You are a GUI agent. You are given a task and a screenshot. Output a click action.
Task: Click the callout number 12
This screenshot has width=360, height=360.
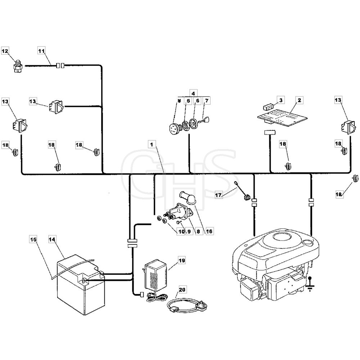(5, 51)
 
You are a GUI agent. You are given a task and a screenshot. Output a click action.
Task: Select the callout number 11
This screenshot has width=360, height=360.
(41, 50)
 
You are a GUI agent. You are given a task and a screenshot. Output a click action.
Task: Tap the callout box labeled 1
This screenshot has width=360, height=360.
(152, 144)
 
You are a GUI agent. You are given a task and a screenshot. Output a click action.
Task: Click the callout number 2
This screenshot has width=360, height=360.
(299, 100)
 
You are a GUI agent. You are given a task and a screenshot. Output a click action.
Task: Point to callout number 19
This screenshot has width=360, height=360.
(181, 261)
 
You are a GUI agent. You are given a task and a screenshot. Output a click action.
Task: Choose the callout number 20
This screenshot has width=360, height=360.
(182, 289)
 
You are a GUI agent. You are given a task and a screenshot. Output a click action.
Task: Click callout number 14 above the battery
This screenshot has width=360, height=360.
(52, 239)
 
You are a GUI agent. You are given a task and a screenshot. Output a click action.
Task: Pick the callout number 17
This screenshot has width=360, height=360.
(219, 195)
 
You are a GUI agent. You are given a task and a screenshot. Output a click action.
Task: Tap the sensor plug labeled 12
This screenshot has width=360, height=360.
(18, 66)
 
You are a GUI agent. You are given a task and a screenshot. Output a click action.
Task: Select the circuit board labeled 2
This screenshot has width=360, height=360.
(282, 117)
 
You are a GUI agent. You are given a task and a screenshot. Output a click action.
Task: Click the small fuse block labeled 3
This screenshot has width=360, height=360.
(268, 107)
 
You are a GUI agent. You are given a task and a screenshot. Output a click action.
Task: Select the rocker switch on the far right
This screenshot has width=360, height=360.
(348, 127)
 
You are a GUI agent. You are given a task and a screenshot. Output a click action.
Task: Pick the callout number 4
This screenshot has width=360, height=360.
(193, 94)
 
